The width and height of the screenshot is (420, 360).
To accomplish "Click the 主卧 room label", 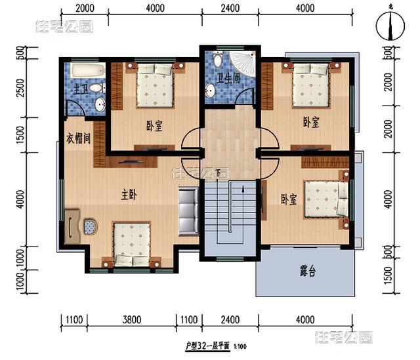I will pos(129,195).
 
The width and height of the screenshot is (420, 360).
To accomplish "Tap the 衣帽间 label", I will pos(77,140).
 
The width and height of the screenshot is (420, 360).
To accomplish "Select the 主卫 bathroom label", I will pos(80,89).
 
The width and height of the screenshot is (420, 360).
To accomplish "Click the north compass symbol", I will pos(390,26).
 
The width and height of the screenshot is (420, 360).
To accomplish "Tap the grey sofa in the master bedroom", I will pos(188,211).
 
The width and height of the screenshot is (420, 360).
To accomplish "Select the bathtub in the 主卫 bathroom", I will pos(87,70).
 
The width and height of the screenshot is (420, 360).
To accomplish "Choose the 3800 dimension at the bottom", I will pos(131,321).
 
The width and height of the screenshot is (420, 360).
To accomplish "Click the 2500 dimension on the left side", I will pos(20,87).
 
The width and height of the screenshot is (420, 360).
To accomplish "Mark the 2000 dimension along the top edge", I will pos(85,9).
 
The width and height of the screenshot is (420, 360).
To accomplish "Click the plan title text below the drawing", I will pos(210,345).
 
